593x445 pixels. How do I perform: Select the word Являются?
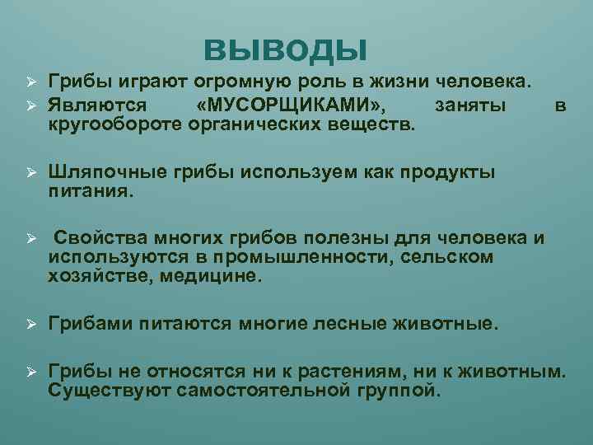point(97,105)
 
